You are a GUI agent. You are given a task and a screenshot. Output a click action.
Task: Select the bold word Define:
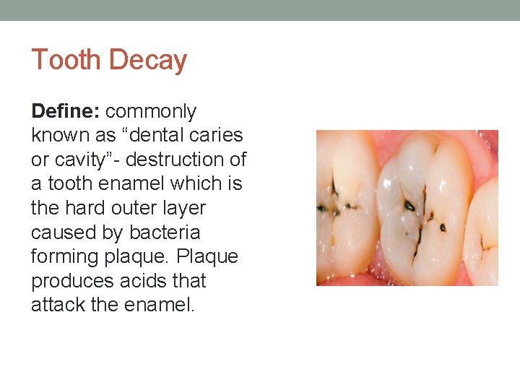(66, 111)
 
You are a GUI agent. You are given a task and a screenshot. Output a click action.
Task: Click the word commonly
(151, 112)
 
